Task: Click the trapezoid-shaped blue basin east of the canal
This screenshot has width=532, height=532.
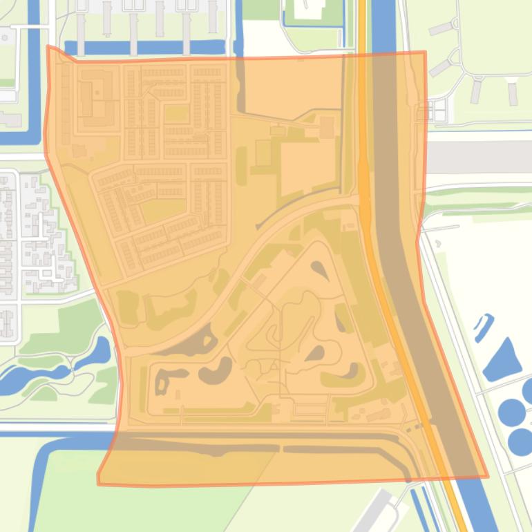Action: (x=504, y=360)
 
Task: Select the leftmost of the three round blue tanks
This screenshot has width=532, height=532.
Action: (x=512, y=413)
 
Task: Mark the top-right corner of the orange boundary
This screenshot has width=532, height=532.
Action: (x=425, y=52)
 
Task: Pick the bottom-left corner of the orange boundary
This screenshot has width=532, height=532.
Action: (x=98, y=483)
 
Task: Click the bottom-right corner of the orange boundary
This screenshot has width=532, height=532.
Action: (x=488, y=476)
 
